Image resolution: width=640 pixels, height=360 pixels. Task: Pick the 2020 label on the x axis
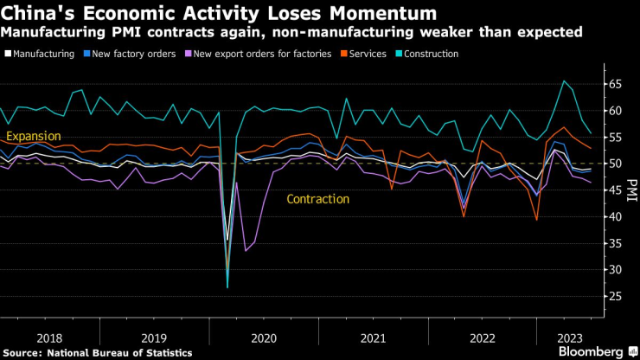coord(264,338)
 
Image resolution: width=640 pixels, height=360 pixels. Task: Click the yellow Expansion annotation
coord(34,136)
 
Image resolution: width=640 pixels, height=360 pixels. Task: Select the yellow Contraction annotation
coord(318,199)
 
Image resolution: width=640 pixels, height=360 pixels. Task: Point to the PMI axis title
coord(631,190)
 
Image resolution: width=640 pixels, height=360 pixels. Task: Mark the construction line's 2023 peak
coord(565,81)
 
